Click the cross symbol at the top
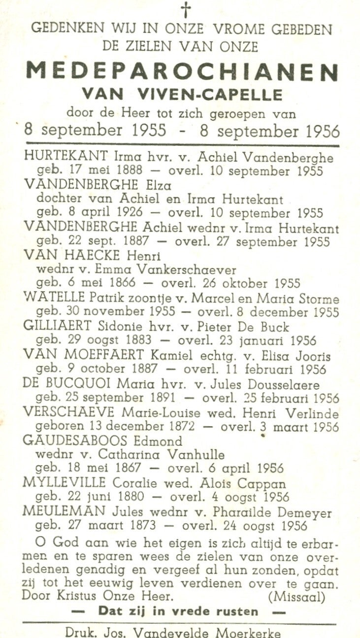click(186, 10)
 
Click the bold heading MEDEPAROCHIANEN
click(182, 72)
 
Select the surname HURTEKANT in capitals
click(65, 157)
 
